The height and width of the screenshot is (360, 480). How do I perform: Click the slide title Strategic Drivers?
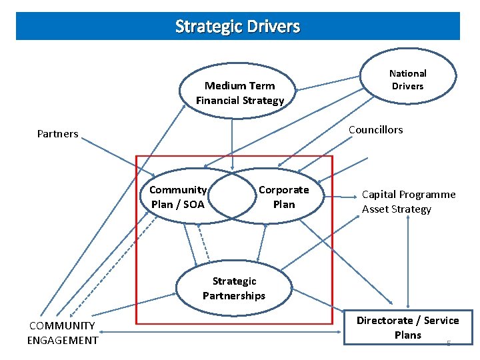pyautogui.click(x=237, y=27)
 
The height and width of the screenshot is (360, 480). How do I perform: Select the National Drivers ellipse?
pyautogui.click(x=407, y=79)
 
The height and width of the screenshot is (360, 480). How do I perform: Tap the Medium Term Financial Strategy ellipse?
pyautogui.click(x=239, y=93)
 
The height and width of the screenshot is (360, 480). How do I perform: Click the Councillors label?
pyautogui.click(x=376, y=130)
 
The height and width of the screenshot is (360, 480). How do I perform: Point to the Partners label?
pyautogui.click(x=57, y=134)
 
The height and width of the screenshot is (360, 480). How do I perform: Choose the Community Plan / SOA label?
pyautogui.click(x=177, y=197)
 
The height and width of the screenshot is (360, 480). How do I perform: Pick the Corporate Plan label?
pyautogui.click(x=283, y=197)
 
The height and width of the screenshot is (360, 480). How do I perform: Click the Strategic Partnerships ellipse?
pyautogui.click(x=234, y=289)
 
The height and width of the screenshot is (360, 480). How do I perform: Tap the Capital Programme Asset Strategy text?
pyautogui.click(x=409, y=202)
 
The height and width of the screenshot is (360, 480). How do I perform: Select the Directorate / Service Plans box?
pyautogui.click(x=407, y=327)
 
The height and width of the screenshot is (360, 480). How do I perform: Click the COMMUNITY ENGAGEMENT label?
pyautogui.click(x=62, y=333)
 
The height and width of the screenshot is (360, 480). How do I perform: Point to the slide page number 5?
pyautogui.click(x=449, y=343)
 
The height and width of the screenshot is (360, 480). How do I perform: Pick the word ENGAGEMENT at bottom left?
pyautogui.click(x=62, y=341)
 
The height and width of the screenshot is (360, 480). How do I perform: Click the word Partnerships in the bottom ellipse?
pyautogui.click(x=234, y=296)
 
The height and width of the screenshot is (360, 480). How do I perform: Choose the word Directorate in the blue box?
pyautogui.click(x=383, y=321)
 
